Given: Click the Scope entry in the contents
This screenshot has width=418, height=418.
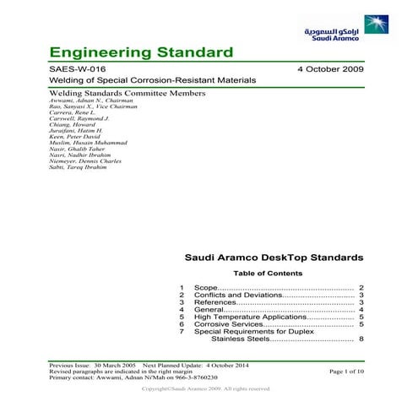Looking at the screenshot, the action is tap(206, 288).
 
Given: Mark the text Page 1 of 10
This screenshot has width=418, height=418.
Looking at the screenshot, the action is tap(347, 370).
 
